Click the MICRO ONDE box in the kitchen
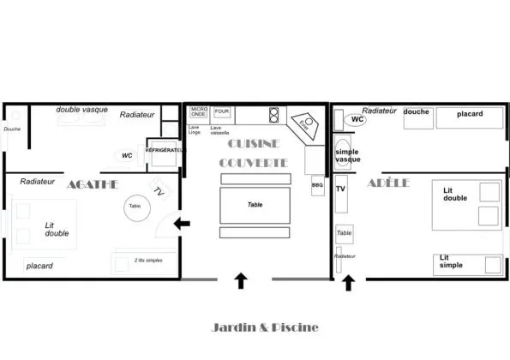pyautogui.click(x=199, y=112)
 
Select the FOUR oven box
pyautogui.click(x=222, y=112)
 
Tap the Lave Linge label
pyautogui.click(x=194, y=130)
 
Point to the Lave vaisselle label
pyautogui.click(x=220, y=130)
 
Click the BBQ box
pyautogui.click(x=317, y=185)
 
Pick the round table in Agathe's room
pyautogui.click(x=135, y=206)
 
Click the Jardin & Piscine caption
pyautogui.click(x=265, y=327)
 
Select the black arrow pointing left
pyautogui.click(x=182, y=225)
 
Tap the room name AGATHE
pyautogui.click(x=93, y=184)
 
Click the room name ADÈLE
pyautogui.click(x=387, y=183)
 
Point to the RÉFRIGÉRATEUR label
pyautogui.click(x=165, y=150)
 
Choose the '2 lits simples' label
pyautogui.click(x=148, y=260)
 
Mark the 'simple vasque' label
pyautogui.click(x=347, y=155)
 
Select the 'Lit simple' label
pyautogui.click(x=451, y=261)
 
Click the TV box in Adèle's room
pyautogui.click(x=340, y=189)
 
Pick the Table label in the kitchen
pyautogui.click(x=255, y=205)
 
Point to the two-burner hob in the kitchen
pyautogui.click(x=274, y=114)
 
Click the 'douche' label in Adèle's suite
pyautogui.click(x=416, y=111)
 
